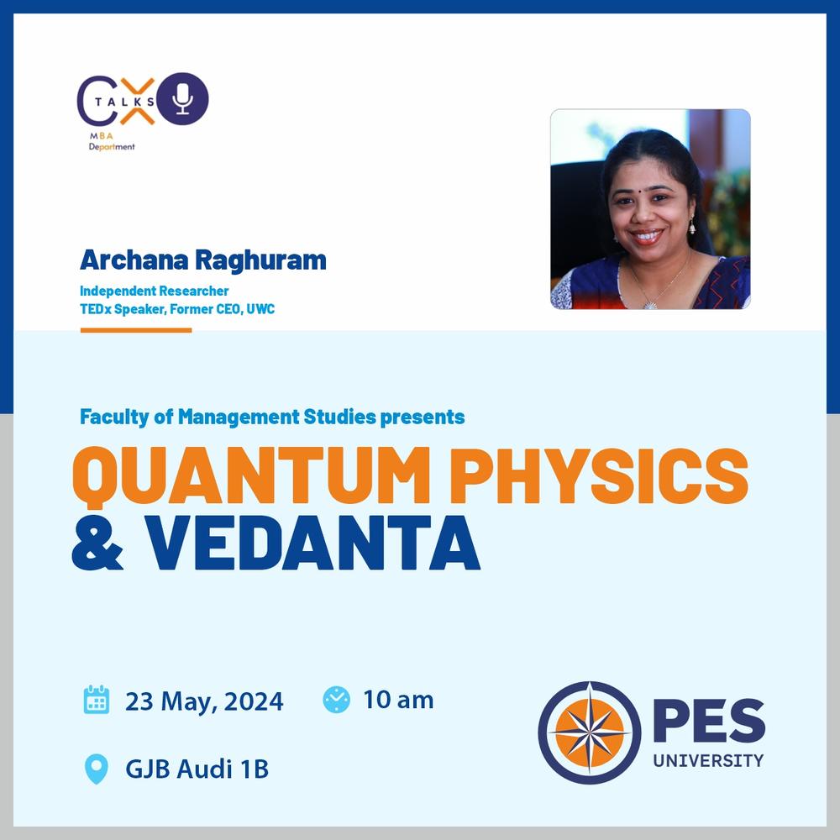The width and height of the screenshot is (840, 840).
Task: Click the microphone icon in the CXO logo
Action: coord(182,98)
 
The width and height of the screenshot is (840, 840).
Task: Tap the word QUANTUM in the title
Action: coord(251,476)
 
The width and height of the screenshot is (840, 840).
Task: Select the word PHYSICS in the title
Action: coord(599,475)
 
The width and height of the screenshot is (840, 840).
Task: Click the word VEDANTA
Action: coord(312,543)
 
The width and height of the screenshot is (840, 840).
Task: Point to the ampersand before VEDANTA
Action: coord(97,543)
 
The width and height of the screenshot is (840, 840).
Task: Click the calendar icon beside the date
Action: coord(97,700)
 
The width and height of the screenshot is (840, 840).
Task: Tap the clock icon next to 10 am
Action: coord(337,700)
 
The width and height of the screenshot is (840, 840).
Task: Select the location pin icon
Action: coord(97,769)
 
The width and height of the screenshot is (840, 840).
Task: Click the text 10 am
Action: coord(398,700)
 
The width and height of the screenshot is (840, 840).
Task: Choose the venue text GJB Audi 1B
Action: coord(197,769)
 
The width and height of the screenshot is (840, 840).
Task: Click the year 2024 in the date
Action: coord(254,701)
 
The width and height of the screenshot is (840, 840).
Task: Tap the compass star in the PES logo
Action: coord(590,732)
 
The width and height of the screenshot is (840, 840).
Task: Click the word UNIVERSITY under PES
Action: coord(708,760)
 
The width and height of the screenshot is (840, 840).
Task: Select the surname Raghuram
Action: coord(260,260)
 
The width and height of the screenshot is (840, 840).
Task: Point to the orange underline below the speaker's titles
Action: coord(136,330)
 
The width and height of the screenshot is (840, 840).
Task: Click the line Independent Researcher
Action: coord(155,291)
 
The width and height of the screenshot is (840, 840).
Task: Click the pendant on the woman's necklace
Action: coord(649,306)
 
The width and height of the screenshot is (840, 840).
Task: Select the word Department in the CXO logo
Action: coord(112,147)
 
